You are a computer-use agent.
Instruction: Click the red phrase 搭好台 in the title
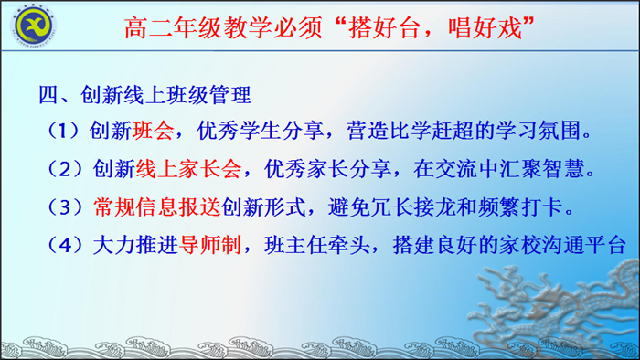(x=387, y=26)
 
